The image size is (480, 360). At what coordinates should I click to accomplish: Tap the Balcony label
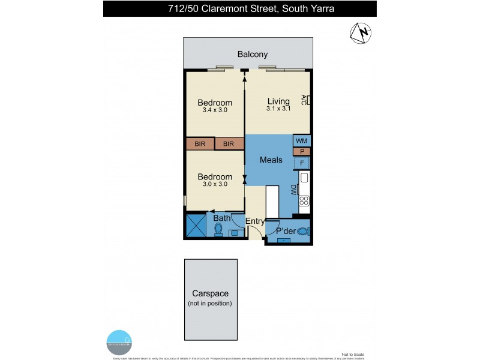(x=252, y=55)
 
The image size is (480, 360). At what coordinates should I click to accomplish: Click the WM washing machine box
(x=301, y=140)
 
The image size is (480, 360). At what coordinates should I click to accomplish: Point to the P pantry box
(x=301, y=152)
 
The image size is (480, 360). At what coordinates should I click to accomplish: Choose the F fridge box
(x=301, y=163)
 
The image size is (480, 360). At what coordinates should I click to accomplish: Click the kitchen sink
(x=304, y=178)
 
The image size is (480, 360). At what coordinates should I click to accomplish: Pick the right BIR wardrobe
(x=229, y=144)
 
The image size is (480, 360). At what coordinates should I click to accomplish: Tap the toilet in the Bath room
(x=217, y=229)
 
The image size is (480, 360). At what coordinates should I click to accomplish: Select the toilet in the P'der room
(x=302, y=230)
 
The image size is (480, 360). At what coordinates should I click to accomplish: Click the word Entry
(x=255, y=221)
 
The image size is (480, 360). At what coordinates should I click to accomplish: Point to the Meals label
(x=271, y=160)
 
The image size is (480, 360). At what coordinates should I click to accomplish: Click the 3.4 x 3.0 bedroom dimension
(x=215, y=110)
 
